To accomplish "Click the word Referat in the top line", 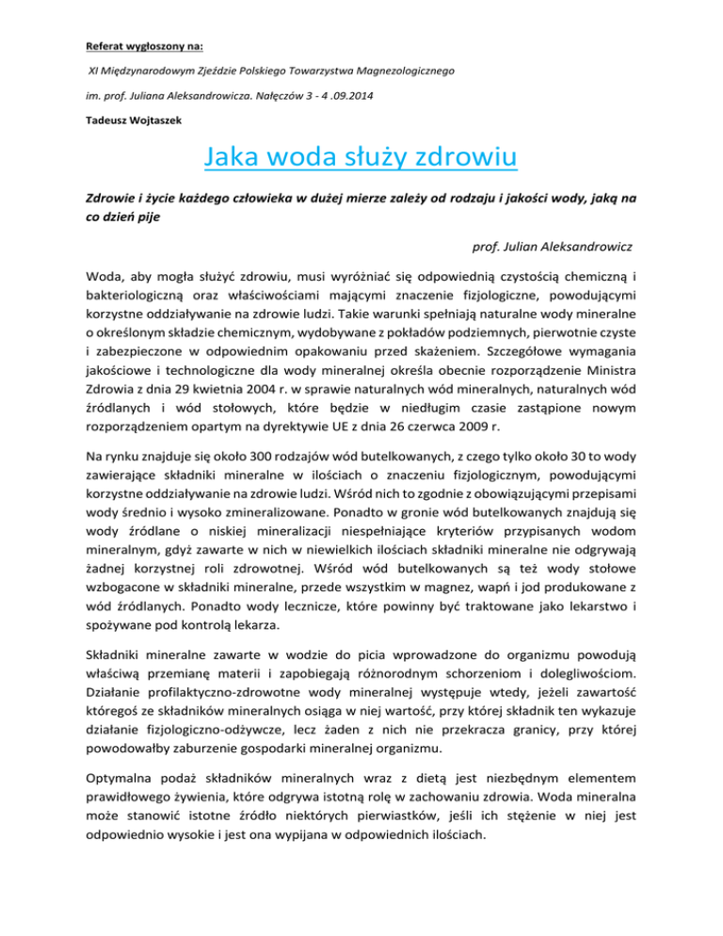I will coord(102,43).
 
